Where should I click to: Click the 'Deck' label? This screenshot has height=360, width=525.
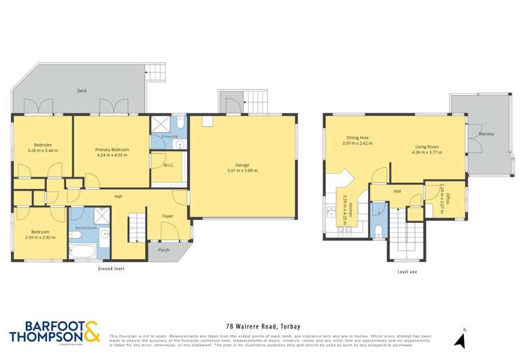point(81,90)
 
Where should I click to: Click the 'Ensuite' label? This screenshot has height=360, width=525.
point(169,136)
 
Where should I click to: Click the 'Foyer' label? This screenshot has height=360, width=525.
point(168,216)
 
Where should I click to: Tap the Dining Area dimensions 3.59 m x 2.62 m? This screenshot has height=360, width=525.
point(357,143)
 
